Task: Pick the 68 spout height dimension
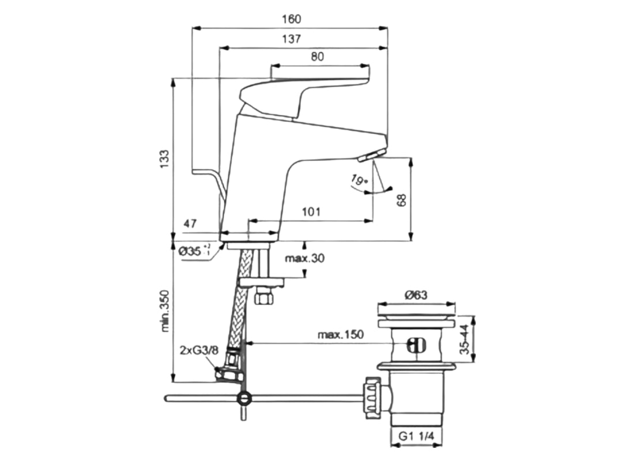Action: (x=402, y=200)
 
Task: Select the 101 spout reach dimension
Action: (x=311, y=211)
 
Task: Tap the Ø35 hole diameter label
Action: (x=194, y=251)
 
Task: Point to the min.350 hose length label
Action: (x=165, y=311)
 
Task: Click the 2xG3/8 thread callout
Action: (x=198, y=349)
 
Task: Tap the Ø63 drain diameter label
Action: (x=415, y=295)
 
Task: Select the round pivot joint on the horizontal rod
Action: (x=244, y=398)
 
